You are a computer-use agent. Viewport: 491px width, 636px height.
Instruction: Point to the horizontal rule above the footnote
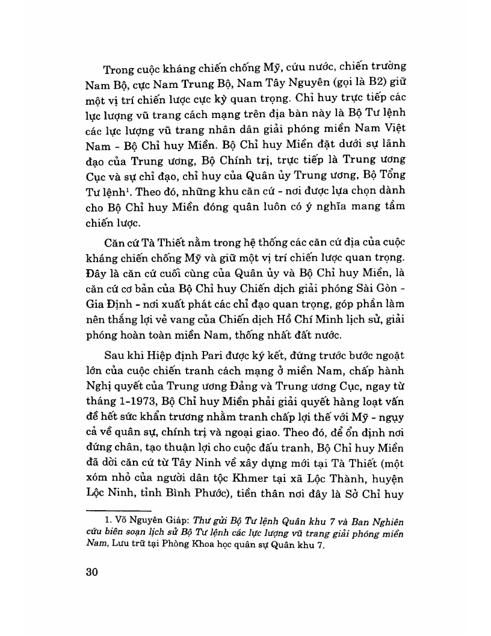pyautogui.click(x=126, y=510)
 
